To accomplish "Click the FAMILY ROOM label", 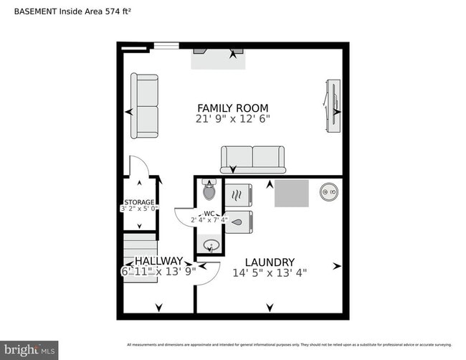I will click(233, 108).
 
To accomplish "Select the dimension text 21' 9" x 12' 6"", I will click(233, 119).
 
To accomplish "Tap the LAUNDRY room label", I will click(269, 262).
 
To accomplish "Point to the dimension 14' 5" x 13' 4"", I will click(269, 273).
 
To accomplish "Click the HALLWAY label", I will click(158, 261).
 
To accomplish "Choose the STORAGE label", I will click(139, 202).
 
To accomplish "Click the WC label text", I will click(209, 213).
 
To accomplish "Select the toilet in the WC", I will click(209, 190).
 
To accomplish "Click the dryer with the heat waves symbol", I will click(239, 194).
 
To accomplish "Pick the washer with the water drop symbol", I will click(239, 222).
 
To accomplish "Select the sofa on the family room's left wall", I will click(144, 106).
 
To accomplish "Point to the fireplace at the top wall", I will click(219, 57).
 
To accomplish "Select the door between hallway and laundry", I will click(206, 273).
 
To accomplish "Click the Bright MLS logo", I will click(29, 349).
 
